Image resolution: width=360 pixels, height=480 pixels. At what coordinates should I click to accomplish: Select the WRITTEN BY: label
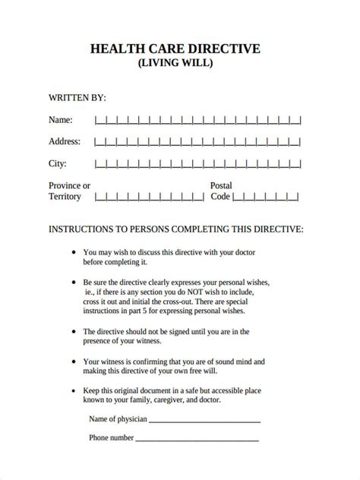point(77,98)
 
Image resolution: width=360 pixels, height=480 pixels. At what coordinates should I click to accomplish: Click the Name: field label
point(61,120)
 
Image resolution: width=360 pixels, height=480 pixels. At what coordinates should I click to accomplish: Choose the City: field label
point(58,163)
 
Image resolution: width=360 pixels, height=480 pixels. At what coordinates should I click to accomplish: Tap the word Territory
point(65,197)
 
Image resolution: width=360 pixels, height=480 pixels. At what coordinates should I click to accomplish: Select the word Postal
point(221,185)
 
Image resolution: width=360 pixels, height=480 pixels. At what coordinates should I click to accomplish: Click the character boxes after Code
point(266,197)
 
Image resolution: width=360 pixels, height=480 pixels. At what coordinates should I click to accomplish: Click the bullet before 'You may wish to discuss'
point(74,252)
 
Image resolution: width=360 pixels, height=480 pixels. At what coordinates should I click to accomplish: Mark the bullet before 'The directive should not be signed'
point(74,331)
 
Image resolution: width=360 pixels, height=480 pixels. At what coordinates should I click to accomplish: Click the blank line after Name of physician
point(205,419)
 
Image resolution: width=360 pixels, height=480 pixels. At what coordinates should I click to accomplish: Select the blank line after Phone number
point(197,438)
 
